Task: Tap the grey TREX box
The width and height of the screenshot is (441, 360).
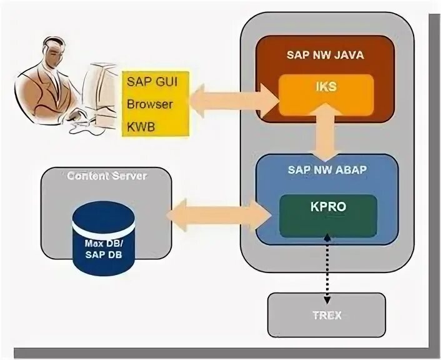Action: pos(327,314)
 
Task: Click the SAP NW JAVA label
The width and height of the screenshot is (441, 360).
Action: pos(325,55)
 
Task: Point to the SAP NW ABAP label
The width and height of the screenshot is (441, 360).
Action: pos(325,169)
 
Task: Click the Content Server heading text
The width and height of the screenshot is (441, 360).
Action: pos(107,176)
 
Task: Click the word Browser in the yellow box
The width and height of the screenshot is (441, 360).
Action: pos(149,104)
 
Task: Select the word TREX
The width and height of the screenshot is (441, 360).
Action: pos(327,315)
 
